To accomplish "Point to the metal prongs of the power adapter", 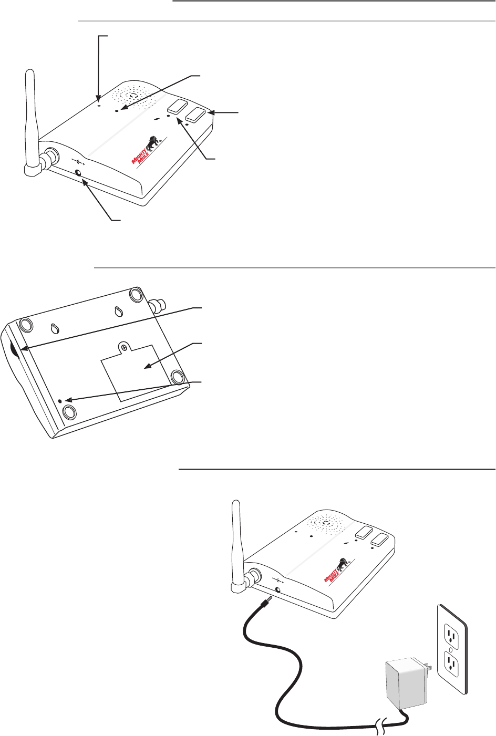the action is (x=428, y=667).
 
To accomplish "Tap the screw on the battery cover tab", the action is (x=124, y=347).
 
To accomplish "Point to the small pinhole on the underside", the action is (x=60, y=401).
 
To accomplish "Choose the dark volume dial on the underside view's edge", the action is (x=14, y=349).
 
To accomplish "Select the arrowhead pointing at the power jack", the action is (x=85, y=182).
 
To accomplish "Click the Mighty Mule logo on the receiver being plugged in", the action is (x=337, y=571).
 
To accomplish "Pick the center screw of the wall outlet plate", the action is (x=452, y=650).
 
